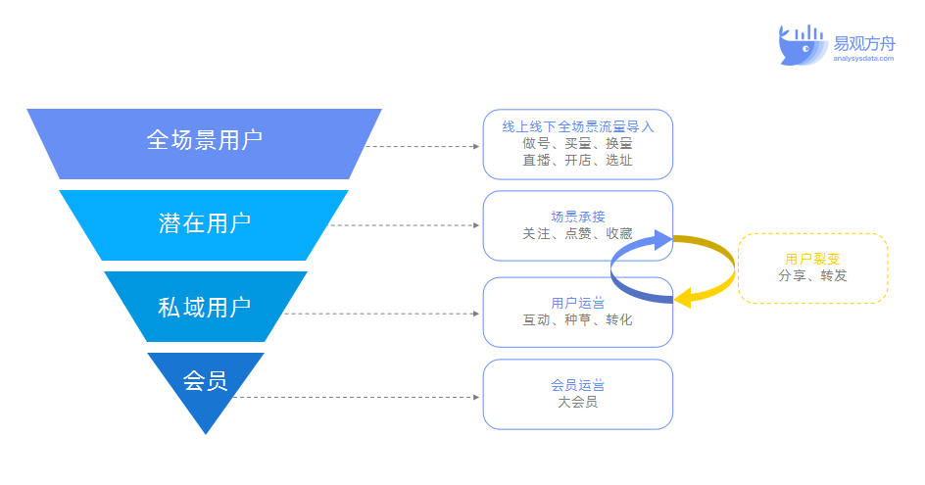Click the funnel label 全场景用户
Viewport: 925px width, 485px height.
coord(204,139)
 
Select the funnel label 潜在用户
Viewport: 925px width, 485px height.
coord(204,223)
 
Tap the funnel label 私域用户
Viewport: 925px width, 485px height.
coord(204,307)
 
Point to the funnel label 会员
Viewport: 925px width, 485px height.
coord(206,380)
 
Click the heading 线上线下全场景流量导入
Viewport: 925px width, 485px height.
coord(577,126)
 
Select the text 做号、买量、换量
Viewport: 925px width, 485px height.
coord(577,143)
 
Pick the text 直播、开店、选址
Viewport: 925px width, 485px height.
coord(577,160)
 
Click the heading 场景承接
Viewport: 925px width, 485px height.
coord(577,217)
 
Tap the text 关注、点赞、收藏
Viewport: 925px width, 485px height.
coord(577,233)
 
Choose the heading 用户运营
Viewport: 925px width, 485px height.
coord(577,303)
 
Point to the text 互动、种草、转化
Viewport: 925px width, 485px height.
coord(577,319)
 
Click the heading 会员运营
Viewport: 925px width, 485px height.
coord(577,385)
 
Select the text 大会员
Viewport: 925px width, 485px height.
coord(577,402)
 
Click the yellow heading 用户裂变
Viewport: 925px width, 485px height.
coord(812,260)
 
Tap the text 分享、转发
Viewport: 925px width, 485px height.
coord(812,276)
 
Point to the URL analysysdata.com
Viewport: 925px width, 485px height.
coord(863,59)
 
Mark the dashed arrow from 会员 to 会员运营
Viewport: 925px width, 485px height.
coord(358,398)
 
